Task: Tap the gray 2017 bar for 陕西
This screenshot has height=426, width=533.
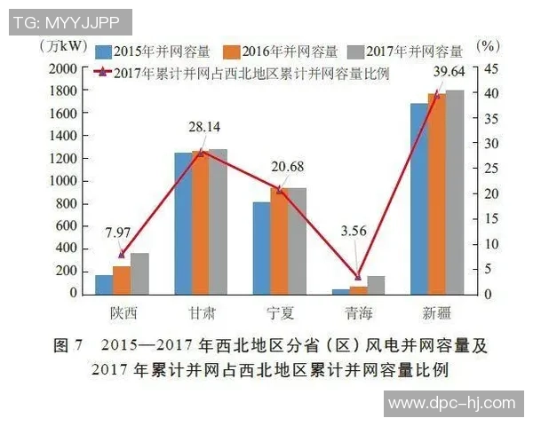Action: (139, 273)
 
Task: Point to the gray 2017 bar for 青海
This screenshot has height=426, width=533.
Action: (376, 285)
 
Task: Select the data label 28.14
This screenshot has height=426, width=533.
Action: (203, 129)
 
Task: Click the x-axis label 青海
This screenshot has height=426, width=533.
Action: (358, 313)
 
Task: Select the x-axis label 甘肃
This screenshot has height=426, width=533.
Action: (201, 313)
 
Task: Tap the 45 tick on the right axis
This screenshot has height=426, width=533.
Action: (489, 68)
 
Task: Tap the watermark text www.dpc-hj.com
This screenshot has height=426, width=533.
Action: (451, 402)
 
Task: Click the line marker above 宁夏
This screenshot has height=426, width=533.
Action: (279, 190)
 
